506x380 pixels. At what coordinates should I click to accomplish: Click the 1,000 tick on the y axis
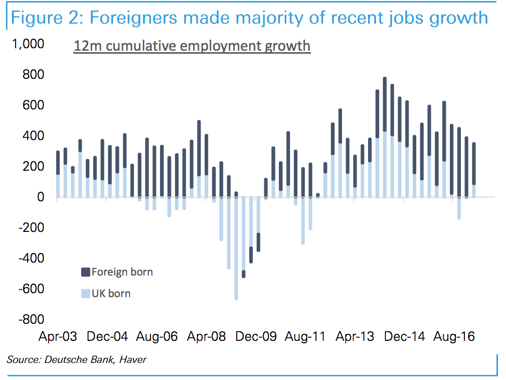click(x=29, y=44)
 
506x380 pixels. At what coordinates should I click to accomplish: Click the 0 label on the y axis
click(x=41, y=197)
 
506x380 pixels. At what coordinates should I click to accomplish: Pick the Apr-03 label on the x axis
click(x=58, y=337)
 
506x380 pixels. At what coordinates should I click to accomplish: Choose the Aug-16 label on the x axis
click(x=454, y=337)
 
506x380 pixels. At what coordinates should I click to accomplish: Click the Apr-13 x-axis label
click(x=355, y=337)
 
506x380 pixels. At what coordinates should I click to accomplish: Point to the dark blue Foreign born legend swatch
click(x=85, y=273)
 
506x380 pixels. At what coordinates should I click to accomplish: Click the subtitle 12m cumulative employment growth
click(x=192, y=46)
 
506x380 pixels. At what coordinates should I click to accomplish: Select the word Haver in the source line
click(x=132, y=359)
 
